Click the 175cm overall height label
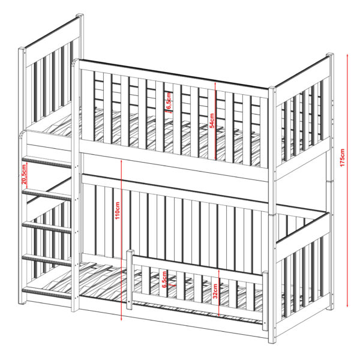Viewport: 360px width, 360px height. (x=342, y=157)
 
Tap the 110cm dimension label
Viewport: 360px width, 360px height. (x=118, y=211)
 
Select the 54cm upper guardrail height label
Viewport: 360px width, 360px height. (x=212, y=121)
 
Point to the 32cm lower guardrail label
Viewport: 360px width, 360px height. (x=215, y=291)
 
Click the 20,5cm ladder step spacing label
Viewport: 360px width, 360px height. (x=24, y=174)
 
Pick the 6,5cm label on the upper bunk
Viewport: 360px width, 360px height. (x=169, y=101)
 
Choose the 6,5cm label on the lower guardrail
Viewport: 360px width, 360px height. (x=164, y=280)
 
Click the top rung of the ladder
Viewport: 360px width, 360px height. (x=47, y=162)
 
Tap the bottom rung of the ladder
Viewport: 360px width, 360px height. (x=47, y=293)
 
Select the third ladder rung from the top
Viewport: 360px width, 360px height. (x=47, y=228)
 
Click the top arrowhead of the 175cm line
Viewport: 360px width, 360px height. (x=347, y=55)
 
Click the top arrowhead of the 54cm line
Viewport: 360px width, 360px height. (x=215, y=84)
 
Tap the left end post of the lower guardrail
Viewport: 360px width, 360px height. (x=130, y=280)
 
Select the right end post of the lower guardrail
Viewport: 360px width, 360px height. (x=265, y=301)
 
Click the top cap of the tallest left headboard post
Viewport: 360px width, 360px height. (x=80, y=15)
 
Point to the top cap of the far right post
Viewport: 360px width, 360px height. (x=330, y=55)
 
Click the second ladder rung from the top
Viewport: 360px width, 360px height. (x=47, y=194)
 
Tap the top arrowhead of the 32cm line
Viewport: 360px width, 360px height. (x=219, y=271)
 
